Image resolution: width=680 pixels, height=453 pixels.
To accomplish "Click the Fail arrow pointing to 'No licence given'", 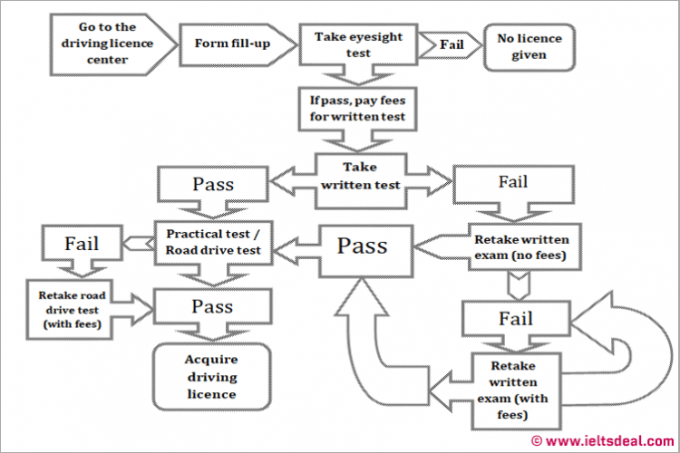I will click(452, 43).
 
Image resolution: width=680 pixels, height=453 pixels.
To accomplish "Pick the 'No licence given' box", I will click(529, 46).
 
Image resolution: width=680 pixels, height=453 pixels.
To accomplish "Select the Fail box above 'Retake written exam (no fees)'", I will click(511, 183).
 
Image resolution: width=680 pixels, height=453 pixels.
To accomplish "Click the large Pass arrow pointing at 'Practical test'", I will click(363, 246).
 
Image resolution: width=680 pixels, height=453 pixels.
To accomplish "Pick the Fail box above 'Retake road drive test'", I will click(82, 244).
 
